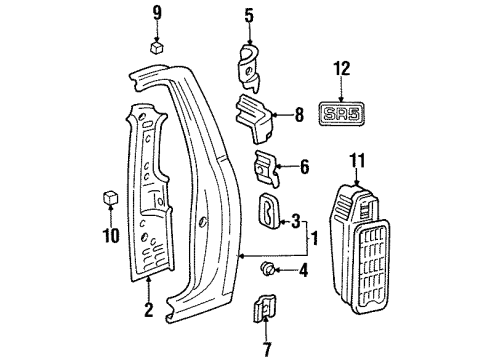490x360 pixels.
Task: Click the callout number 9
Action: click(x=156, y=12)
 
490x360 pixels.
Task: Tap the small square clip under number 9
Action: click(x=156, y=45)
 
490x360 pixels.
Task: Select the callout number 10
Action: click(x=112, y=236)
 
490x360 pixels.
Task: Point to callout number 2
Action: click(x=149, y=311)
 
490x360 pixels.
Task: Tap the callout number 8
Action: click(x=297, y=117)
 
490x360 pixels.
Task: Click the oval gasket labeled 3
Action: click(x=270, y=211)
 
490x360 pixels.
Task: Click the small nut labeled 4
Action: click(x=270, y=268)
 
